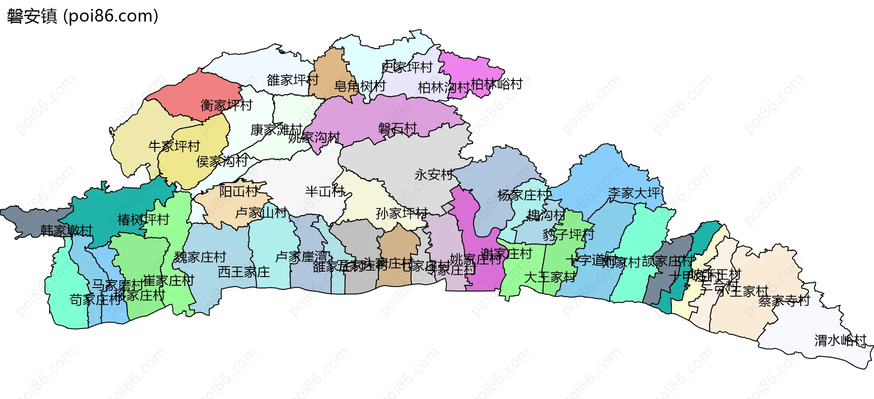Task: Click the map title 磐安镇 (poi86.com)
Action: [82, 16]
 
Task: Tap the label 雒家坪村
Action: [293, 80]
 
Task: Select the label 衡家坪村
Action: [226, 105]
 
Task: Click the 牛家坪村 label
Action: [174, 146]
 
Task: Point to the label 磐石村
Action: [397, 129]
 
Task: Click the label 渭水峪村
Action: [840, 340]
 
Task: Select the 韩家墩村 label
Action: [66, 231]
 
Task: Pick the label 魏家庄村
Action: [200, 257]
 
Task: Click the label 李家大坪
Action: [635, 193]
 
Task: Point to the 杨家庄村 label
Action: [523, 195]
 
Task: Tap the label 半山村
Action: [325, 192]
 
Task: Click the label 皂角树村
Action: [360, 86]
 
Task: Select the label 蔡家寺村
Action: [784, 301]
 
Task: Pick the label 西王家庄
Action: [244, 272]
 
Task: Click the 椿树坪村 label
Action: [143, 220]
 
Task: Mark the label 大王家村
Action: [550, 277]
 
